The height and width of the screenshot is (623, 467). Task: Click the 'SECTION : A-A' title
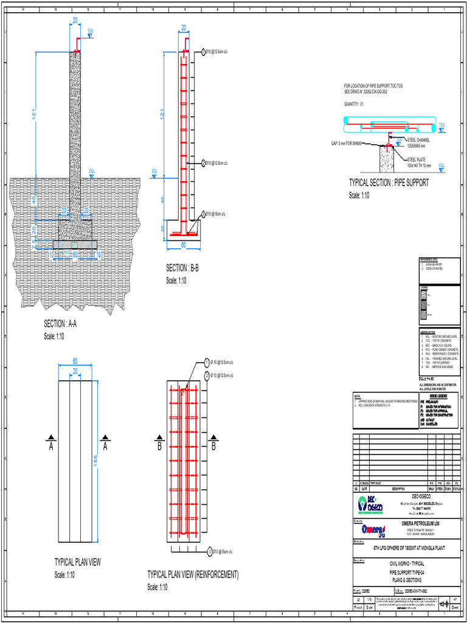pos(60,323)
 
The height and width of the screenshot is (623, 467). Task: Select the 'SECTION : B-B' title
pos(183,268)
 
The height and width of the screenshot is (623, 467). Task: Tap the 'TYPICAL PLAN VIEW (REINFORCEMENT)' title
pos(193,574)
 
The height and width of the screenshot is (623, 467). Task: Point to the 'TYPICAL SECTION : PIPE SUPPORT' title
pos(389,183)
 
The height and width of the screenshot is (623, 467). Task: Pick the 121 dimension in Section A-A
pos(35,113)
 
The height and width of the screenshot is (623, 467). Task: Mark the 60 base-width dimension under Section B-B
pos(183,245)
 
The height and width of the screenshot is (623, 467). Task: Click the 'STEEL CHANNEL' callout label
pos(418,140)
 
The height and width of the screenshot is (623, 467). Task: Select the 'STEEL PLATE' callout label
pos(418,159)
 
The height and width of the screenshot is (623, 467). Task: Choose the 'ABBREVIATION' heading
pos(429,332)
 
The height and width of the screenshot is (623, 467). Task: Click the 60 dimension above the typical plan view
pos(75,360)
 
